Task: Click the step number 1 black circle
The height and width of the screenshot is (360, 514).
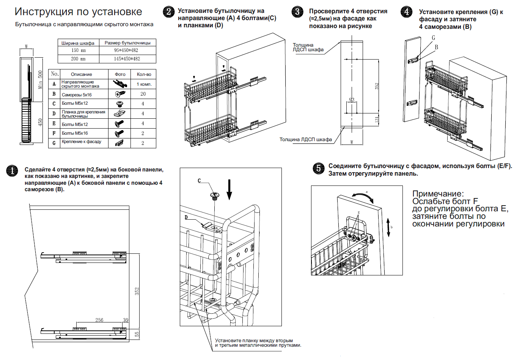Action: coord(12,171)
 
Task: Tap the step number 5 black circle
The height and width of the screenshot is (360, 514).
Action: coord(319,168)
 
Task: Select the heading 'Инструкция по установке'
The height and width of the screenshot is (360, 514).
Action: coord(79,12)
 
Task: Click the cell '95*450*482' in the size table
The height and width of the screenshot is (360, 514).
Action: coord(126,50)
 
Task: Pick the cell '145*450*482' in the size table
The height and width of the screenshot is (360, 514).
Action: coord(127,59)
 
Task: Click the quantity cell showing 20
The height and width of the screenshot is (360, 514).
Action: coord(143,94)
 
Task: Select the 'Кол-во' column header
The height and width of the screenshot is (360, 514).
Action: coord(144,74)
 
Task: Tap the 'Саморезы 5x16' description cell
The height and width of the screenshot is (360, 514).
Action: coord(77,94)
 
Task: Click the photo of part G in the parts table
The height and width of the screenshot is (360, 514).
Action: coord(119,143)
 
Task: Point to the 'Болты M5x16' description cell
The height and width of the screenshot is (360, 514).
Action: coord(75,133)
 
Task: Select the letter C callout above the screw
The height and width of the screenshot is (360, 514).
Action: coord(199,181)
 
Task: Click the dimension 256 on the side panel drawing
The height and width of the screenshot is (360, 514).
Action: coord(99,320)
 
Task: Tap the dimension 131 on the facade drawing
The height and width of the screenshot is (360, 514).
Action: coord(377,119)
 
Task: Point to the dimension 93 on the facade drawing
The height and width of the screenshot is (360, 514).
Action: coord(352,100)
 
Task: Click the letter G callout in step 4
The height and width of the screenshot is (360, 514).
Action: coord(434,38)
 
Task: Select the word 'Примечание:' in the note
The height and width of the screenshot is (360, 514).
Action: coord(438,194)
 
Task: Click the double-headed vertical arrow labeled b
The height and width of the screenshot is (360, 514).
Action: coord(388,227)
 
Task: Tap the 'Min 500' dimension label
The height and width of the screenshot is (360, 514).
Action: coord(40,80)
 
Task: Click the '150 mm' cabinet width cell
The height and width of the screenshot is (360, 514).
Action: coord(79,50)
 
